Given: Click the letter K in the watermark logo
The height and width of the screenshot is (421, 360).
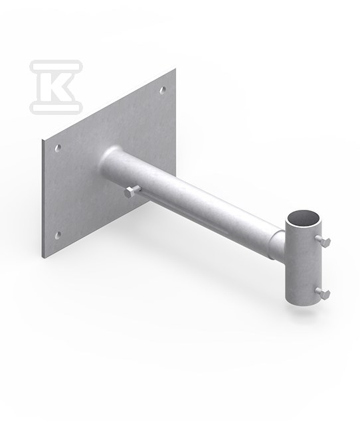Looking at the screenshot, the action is pyautogui.click(x=56, y=86).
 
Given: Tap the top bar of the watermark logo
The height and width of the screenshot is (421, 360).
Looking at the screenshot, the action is pyautogui.click(x=56, y=66).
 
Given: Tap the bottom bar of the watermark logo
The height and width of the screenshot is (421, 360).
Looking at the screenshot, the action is pyautogui.click(x=56, y=107).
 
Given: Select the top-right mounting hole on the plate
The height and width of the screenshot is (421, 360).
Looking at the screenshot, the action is pyautogui.click(x=163, y=90).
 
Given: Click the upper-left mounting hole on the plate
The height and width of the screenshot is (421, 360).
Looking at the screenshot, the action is pyautogui.click(x=58, y=148).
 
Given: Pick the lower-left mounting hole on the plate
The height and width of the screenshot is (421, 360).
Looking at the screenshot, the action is pyautogui.click(x=58, y=236).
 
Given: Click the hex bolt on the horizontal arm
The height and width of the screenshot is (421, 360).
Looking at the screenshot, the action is pyautogui.click(x=131, y=192).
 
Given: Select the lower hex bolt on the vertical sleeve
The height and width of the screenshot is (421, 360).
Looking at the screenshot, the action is pyautogui.click(x=323, y=293).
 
